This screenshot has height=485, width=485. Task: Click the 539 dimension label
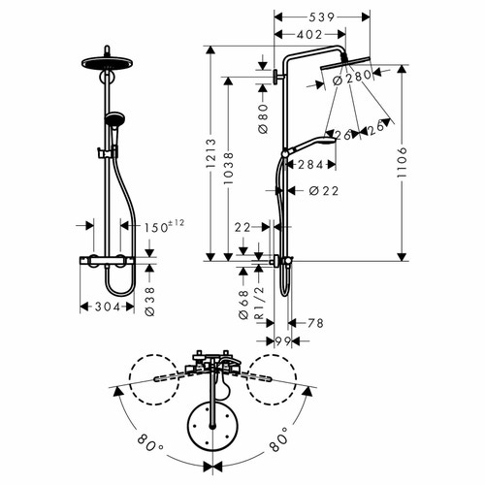tap(322, 17)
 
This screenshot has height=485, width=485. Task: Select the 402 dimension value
tap(309, 34)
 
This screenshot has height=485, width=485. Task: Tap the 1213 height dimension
tap(210, 153)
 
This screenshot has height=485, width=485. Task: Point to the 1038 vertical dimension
tap(228, 169)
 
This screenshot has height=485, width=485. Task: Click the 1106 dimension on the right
tap(402, 163)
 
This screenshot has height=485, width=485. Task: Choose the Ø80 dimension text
tap(264, 118)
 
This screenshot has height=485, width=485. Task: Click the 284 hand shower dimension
tap(310, 165)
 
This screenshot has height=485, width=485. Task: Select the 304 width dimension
tap(108, 307)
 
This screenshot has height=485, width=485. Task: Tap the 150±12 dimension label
tap(164, 226)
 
